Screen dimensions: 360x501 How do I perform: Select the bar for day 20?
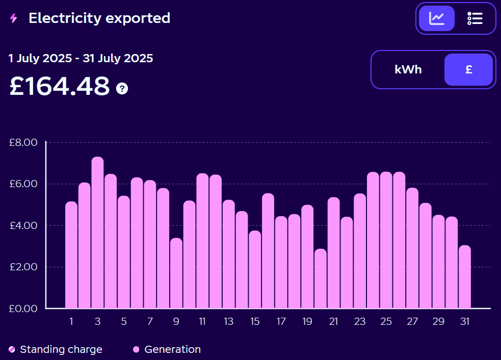(x=321, y=279)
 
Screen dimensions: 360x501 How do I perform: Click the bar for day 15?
(x=255, y=270)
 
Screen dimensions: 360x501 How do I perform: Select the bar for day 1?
(x=71, y=255)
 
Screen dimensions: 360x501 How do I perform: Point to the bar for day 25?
(x=386, y=240)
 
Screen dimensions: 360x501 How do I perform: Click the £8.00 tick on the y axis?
(x=23, y=142)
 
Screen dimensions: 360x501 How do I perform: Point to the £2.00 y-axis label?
(x=23, y=267)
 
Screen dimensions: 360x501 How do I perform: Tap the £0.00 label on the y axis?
(x=23, y=308)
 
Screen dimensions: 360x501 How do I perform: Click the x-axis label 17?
(x=281, y=322)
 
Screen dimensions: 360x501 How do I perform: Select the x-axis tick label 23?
(x=360, y=322)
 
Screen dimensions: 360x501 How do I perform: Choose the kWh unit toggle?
(x=408, y=70)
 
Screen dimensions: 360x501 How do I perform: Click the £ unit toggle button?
(x=468, y=70)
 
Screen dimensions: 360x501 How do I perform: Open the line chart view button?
(x=437, y=18)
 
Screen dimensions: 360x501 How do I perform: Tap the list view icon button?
(x=474, y=18)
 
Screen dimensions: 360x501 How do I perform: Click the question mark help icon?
(x=122, y=89)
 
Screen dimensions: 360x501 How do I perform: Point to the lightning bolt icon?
(x=14, y=18)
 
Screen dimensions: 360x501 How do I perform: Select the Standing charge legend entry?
(x=56, y=349)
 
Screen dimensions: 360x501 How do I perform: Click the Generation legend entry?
(x=167, y=349)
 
